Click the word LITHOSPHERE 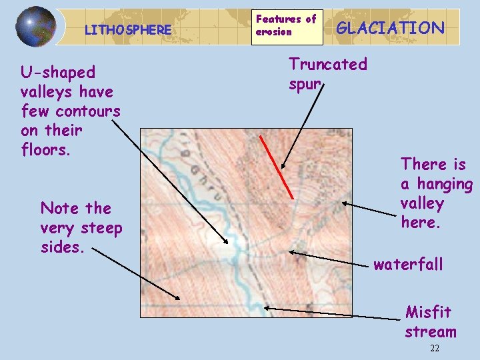[x=128, y=30]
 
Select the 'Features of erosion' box [x=286, y=25]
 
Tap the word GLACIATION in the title [x=391, y=27]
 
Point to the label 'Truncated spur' [x=327, y=74]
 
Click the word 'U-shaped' [x=58, y=71]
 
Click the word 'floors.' [x=45, y=149]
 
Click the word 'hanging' [x=446, y=183]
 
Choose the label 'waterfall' [x=408, y=265]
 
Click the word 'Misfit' [x=428, y=312]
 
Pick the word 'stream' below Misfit [x=431, y=331]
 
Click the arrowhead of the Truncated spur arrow [x=282, y=168]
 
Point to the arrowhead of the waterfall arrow [x=291, y=252]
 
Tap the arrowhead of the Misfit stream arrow [x=265, y=307]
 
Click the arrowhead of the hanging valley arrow [x=343, y=204]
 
